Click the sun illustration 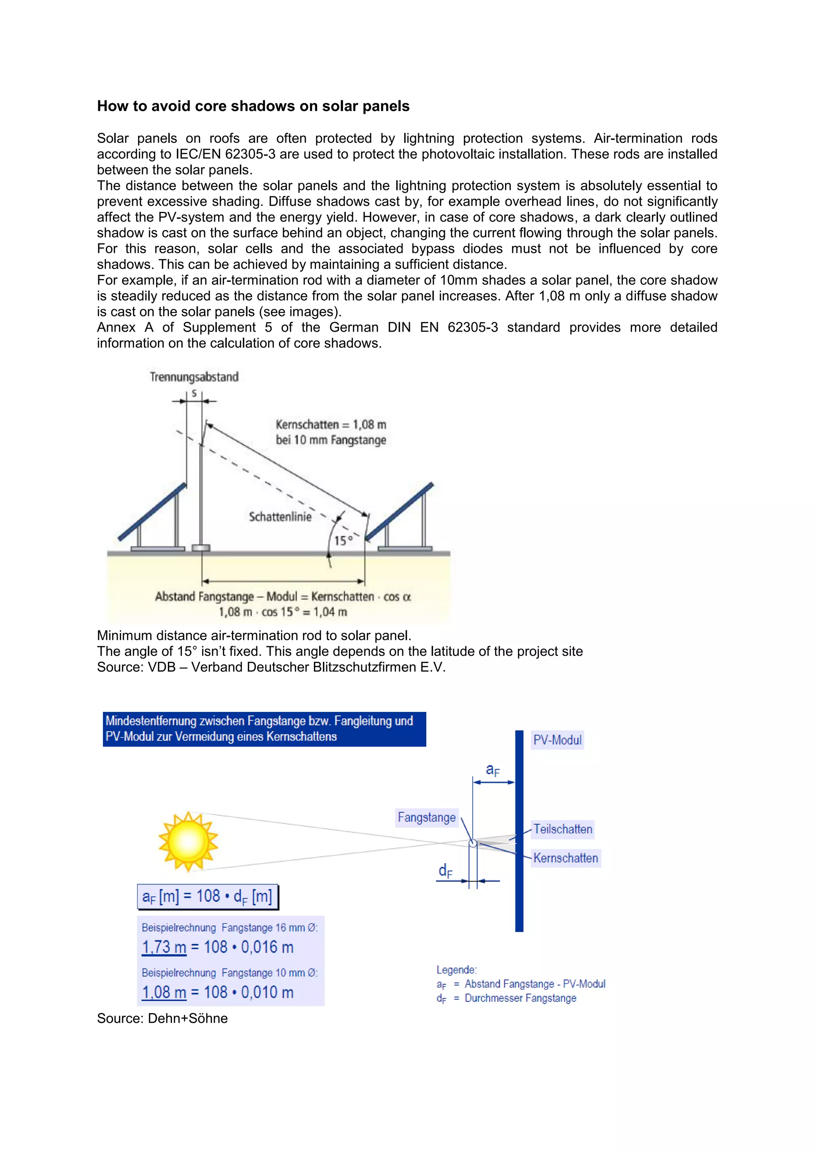[x=188, y=841]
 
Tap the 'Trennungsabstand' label [x=194, y=377]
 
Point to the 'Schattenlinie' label [x=280, y=517]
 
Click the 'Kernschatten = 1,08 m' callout [x=331, y=425]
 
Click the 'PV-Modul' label [x=557, y=740]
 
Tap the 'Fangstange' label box [x=427, y=817]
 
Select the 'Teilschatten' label [x=563, y=829]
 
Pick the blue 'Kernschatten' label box [x=565, y=858]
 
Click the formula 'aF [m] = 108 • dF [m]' [x=207, y=896]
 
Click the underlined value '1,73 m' [x=164, y=947]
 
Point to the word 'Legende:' [x=456, y=970]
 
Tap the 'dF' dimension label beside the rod [x=445, y=871]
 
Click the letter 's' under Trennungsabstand [x=194, y=394]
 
